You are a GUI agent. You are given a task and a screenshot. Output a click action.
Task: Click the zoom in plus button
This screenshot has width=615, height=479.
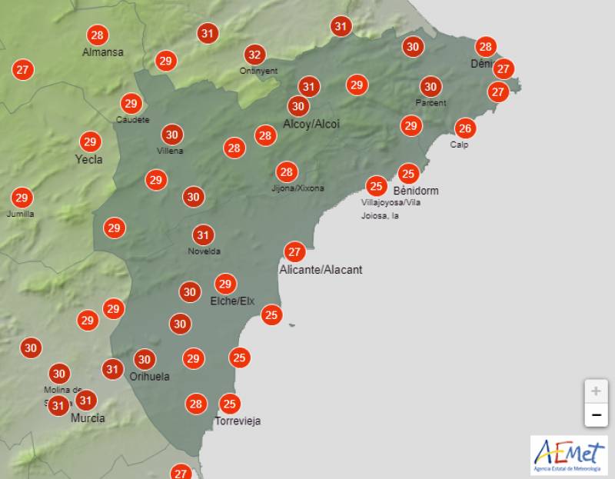(595, 391)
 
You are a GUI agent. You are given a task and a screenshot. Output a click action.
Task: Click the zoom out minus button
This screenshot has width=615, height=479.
(595, 416)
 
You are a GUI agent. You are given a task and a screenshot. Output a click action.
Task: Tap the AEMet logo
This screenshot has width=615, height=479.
(568, 456)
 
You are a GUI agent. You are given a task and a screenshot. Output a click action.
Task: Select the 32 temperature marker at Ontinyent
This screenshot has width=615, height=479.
(254, 55)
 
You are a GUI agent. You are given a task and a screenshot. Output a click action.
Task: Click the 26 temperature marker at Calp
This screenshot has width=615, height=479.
(464, 128)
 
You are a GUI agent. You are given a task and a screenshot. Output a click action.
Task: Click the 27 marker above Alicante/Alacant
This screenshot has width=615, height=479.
(294, 251)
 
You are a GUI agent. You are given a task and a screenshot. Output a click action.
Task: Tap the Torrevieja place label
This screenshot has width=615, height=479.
(238, 421)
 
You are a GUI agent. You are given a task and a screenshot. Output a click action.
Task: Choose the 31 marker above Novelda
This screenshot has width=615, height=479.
(203, 235)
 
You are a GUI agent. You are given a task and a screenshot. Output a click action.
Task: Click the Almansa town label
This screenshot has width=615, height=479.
(103, 52)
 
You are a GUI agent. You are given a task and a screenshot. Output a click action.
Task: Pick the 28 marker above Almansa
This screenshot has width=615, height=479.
(97, 35)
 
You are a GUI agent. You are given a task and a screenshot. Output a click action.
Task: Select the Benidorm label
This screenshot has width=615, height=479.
(416, 190)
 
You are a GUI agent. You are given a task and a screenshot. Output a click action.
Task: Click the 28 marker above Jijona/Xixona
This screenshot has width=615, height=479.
(286, 172)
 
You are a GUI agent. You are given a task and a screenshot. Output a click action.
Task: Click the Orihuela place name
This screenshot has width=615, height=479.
(150, 377)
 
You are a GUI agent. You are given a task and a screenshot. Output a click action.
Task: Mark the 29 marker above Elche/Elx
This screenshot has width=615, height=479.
(224, 284)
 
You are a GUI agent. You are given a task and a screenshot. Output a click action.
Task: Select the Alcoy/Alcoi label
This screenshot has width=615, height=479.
(311, 124)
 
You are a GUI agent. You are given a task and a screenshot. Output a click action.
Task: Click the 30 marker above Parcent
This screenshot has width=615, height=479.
(430, 87)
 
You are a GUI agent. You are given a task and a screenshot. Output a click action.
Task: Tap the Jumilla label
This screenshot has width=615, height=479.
(20, 214)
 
